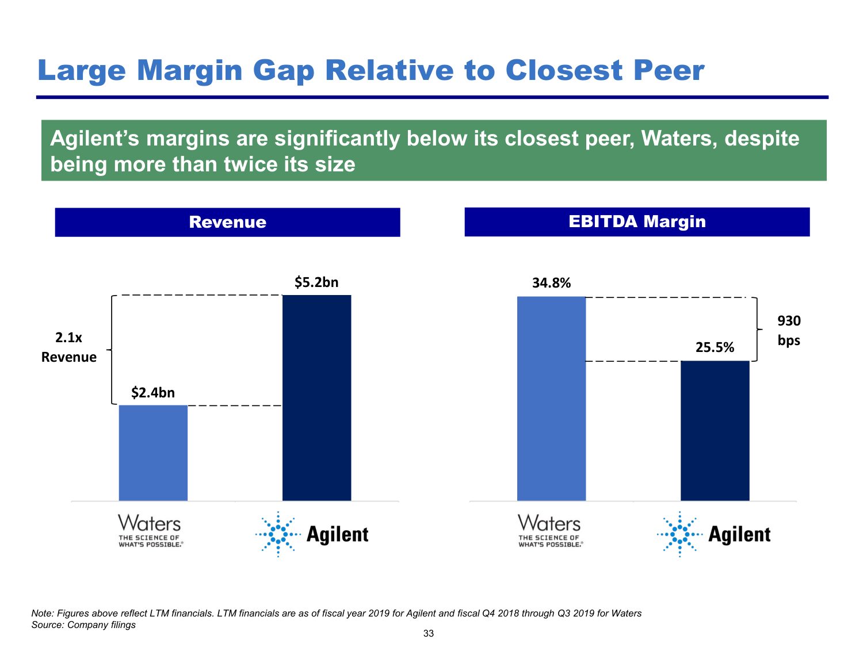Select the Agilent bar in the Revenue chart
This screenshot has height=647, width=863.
point(316,397)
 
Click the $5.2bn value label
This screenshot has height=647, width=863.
point(316,282)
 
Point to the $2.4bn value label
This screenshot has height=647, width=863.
point(153,393)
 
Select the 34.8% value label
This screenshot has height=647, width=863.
point(551,283)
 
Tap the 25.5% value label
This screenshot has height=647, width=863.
point(715,347)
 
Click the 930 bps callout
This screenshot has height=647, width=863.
point(789,331)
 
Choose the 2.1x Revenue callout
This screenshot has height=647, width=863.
point(68,347)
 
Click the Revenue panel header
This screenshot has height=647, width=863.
point(227,222)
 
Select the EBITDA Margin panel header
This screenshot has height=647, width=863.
point(637,221)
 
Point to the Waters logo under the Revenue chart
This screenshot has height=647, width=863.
point(150,531)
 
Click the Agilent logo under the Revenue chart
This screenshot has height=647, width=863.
point(312,534)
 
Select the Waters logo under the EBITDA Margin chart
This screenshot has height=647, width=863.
point(549,531)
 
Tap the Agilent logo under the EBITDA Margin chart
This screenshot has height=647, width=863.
point(713,534)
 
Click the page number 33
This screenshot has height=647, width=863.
point(429,634)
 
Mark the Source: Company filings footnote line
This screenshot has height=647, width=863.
point(83,625)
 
